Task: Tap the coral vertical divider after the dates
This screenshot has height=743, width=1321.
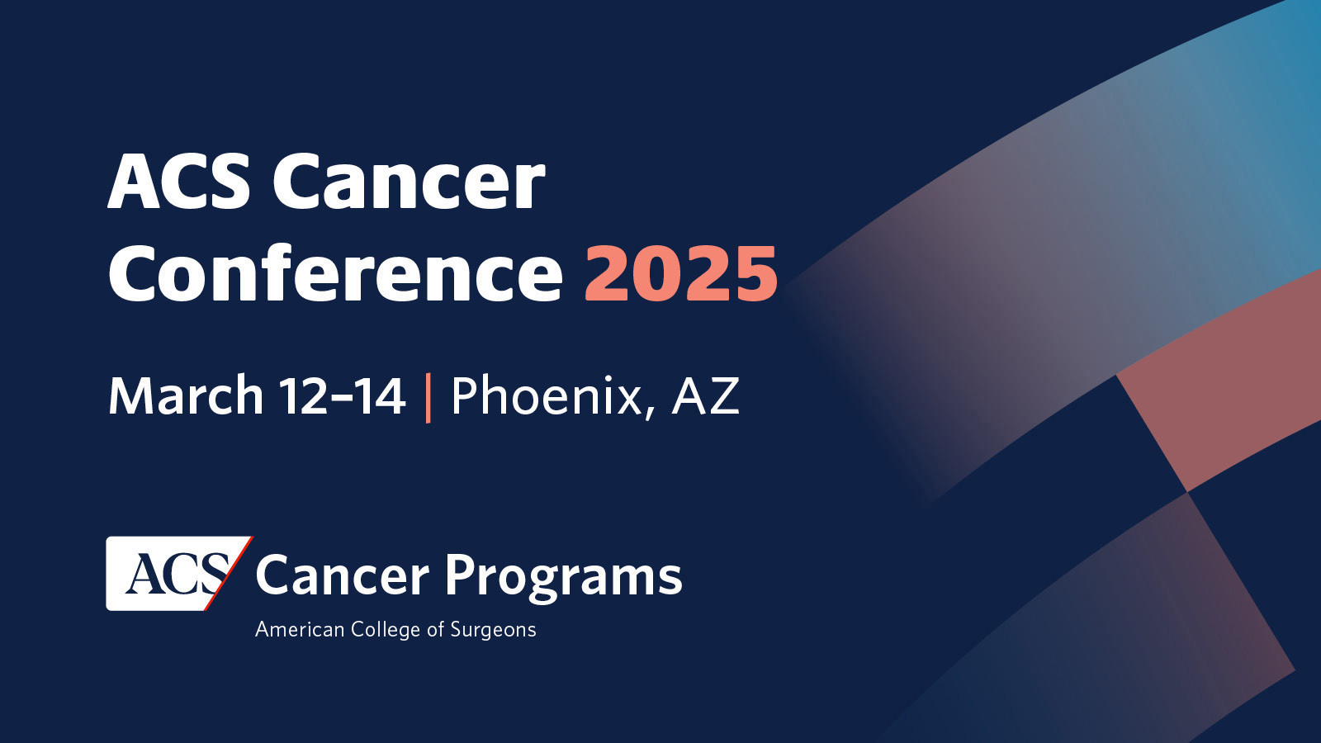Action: [x=428, y=397]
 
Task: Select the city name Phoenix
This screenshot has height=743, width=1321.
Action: [x=546, y=395]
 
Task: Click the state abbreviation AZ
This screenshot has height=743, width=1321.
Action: [x=705, y=395]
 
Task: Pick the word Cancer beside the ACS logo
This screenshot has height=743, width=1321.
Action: [x=342, y=575]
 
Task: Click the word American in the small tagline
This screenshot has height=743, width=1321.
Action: [x=299, y=630]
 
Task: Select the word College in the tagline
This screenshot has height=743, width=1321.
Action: [x=386, y=631]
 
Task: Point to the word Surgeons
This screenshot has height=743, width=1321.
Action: [x=493, y=631]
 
